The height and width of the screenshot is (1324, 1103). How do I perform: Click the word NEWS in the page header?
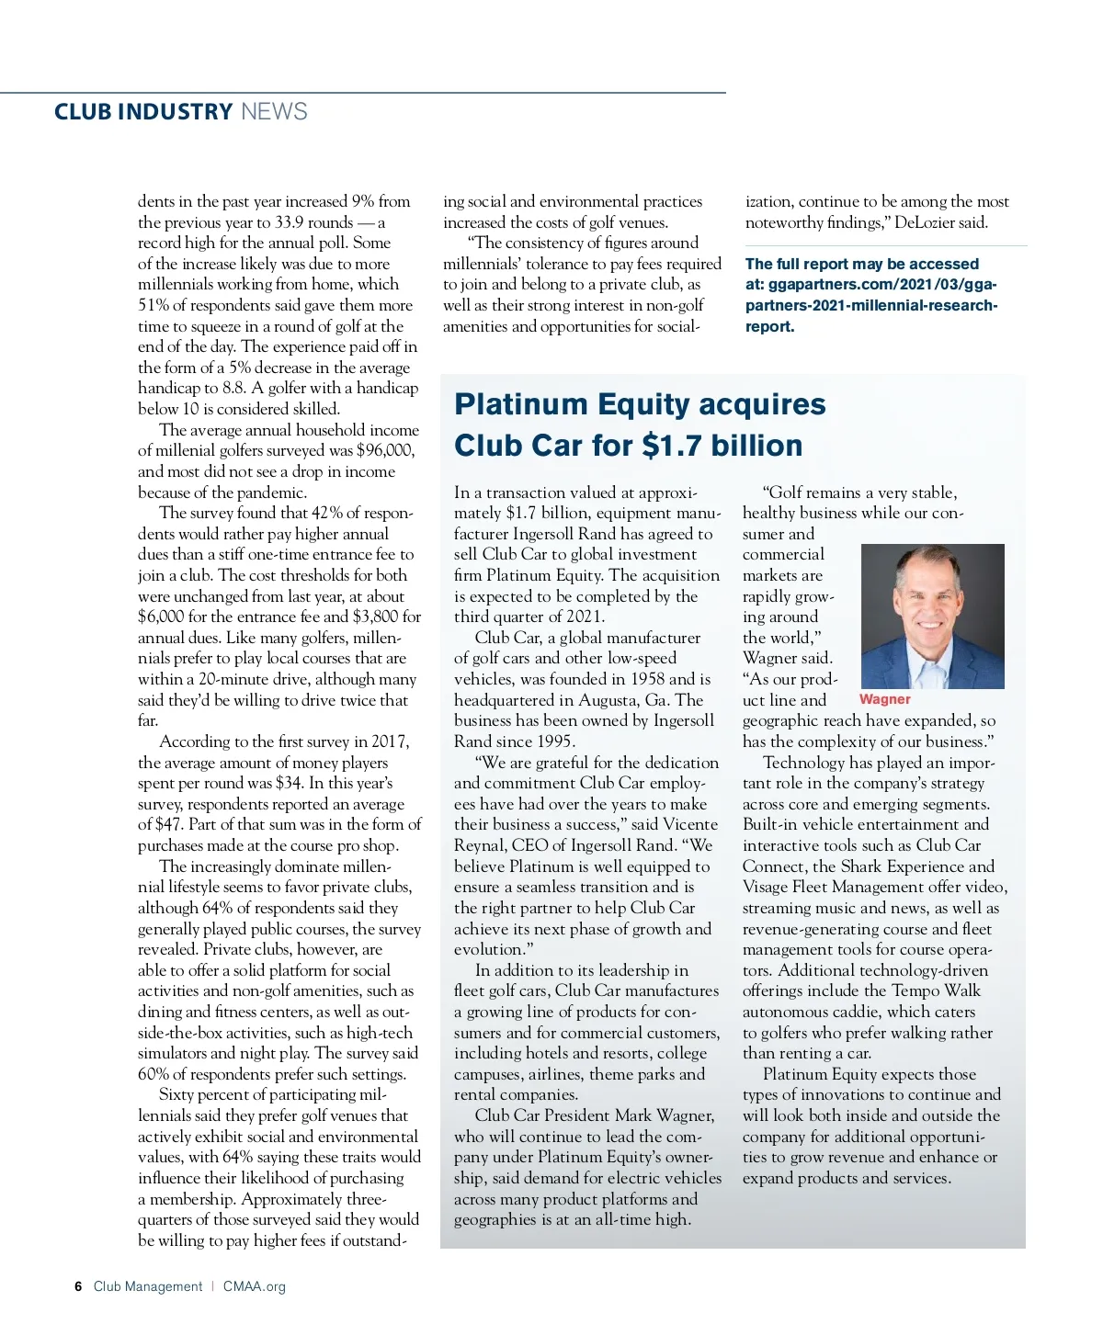click(x=274, y=112)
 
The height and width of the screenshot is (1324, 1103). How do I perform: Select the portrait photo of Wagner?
click(x=932, y=616)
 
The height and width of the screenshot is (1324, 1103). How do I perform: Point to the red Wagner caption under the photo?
click(x=884, y=699)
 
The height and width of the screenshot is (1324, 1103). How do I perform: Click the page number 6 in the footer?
click(x=78, y=1286)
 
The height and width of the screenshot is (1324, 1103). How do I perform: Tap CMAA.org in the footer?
click(x=254, y=1286)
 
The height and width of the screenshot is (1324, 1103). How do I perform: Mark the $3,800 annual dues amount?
click(x=373, y=617)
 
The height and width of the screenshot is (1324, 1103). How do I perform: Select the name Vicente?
click(x=689, y=824)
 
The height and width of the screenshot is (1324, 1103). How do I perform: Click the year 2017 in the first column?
click(x=392, y=741)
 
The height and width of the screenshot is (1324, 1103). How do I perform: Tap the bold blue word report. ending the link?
click(x=769, y=326)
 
